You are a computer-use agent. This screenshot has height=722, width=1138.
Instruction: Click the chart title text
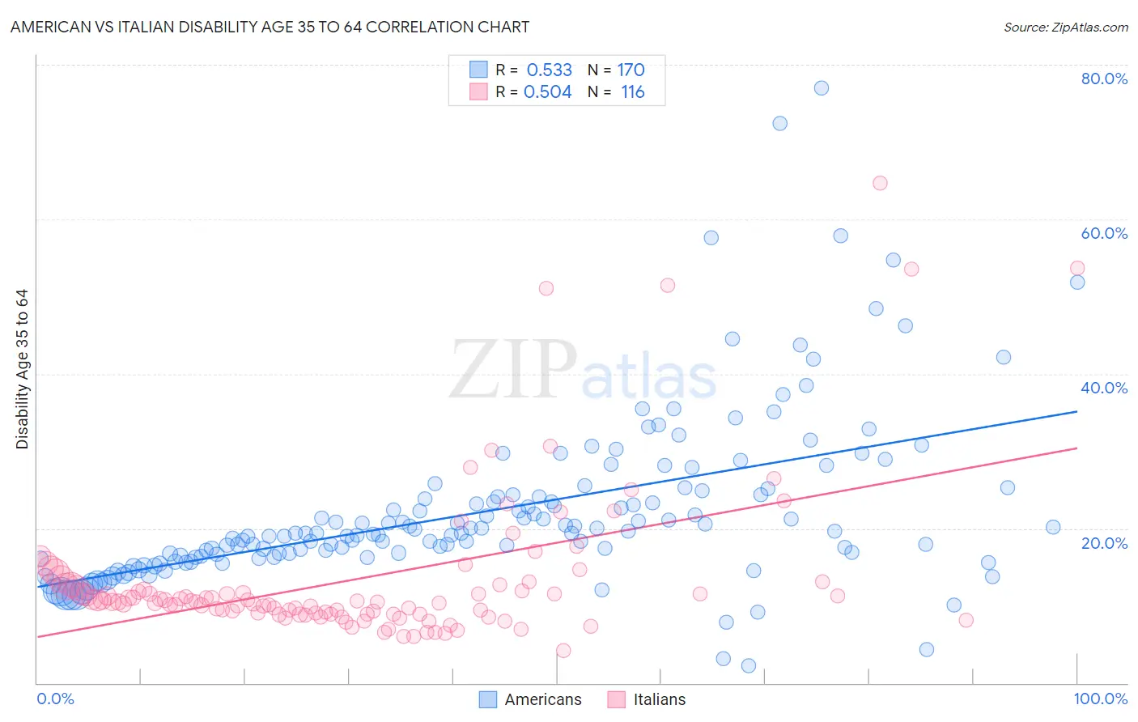(x=270, y=27)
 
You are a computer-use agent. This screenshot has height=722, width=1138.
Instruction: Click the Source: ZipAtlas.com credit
(x=1065, y=27)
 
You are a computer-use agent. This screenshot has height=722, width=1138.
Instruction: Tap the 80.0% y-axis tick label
(x=1104, y=79)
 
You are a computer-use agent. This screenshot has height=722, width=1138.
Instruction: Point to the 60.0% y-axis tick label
(x=1104, y=233)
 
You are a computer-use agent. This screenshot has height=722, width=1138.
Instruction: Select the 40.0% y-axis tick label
(x=1104, y=388)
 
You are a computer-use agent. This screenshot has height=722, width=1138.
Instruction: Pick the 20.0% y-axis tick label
(x=1104, y=543)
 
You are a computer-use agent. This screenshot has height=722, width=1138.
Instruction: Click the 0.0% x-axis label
(x=55, y=699)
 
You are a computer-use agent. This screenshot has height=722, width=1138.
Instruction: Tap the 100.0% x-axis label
(x=1100, y=699)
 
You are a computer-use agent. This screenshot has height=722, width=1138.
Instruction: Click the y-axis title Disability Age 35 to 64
(x=22, y=369)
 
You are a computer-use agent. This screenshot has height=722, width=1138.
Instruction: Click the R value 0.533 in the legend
(x=549, y=70)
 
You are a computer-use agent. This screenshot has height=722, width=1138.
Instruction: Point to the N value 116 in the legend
(x=632, y=92)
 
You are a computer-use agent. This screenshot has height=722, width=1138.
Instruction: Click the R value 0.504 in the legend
(x=548, y=92)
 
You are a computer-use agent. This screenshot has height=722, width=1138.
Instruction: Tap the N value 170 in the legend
(x=631, y=70)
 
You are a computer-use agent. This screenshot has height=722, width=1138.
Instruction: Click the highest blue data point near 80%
(x=822, y=88)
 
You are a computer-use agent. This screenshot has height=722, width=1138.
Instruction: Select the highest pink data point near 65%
(x=880, y=183)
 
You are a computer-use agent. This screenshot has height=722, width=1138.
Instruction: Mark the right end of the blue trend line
(x=1076, y=412)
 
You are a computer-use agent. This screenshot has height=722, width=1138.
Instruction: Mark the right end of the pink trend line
(x=1076, y=448)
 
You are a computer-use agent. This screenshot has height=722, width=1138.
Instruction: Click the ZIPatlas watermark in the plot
(x=583, y=370)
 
